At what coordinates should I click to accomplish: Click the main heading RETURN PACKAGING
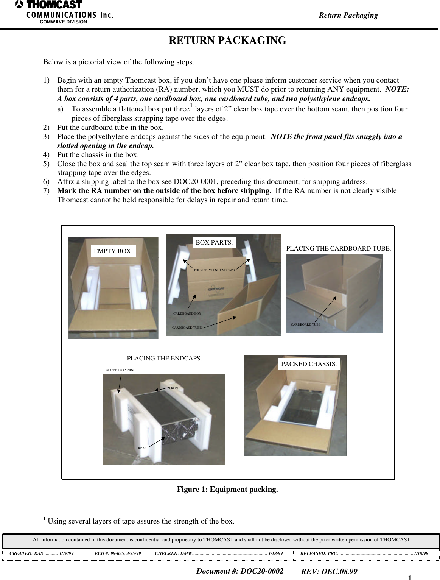(x=227, y=41)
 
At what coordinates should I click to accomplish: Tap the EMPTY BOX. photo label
(x=113, y=251)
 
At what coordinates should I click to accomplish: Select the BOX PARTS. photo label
(x=214, y=242)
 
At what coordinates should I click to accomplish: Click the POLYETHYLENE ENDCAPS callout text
(x=214, y=270)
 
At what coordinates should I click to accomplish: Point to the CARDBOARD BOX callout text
(x=187, y=313)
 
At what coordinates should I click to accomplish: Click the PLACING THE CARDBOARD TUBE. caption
(x=338, y=248)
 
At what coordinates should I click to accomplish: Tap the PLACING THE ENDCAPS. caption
(x=164, y=358)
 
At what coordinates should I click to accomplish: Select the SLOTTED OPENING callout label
(x=121, y=370)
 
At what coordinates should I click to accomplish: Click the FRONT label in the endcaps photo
(x=174, y=388)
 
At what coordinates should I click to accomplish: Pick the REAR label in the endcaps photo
(x=142, y=448)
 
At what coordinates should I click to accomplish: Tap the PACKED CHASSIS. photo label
(x=309, y=364)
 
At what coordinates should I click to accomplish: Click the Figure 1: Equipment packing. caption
(x=227, y=489)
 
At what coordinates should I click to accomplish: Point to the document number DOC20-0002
(x=239, y=571)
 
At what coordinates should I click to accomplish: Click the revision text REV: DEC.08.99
(x=329, y=571)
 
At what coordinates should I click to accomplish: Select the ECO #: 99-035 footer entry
(x=118, y=553)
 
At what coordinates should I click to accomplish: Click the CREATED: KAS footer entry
(x=41, y=553)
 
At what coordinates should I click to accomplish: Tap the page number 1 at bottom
(x=410, y=577)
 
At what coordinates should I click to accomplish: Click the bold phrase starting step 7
(x=164, y=190)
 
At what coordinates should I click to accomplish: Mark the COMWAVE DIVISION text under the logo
(x=63, y=22)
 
